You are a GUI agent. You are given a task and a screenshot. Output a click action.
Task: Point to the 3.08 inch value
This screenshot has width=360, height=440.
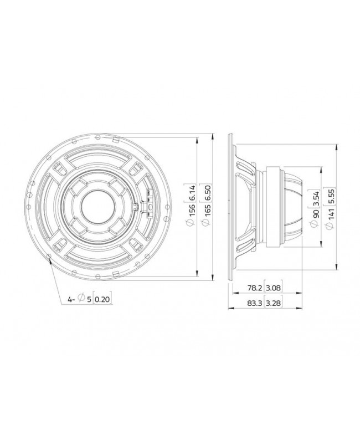coord(273,289)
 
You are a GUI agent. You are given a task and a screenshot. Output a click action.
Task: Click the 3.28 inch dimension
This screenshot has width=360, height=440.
coord(273,304)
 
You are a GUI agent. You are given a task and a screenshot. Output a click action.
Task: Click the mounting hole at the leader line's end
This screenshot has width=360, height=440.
coord(51,257)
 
